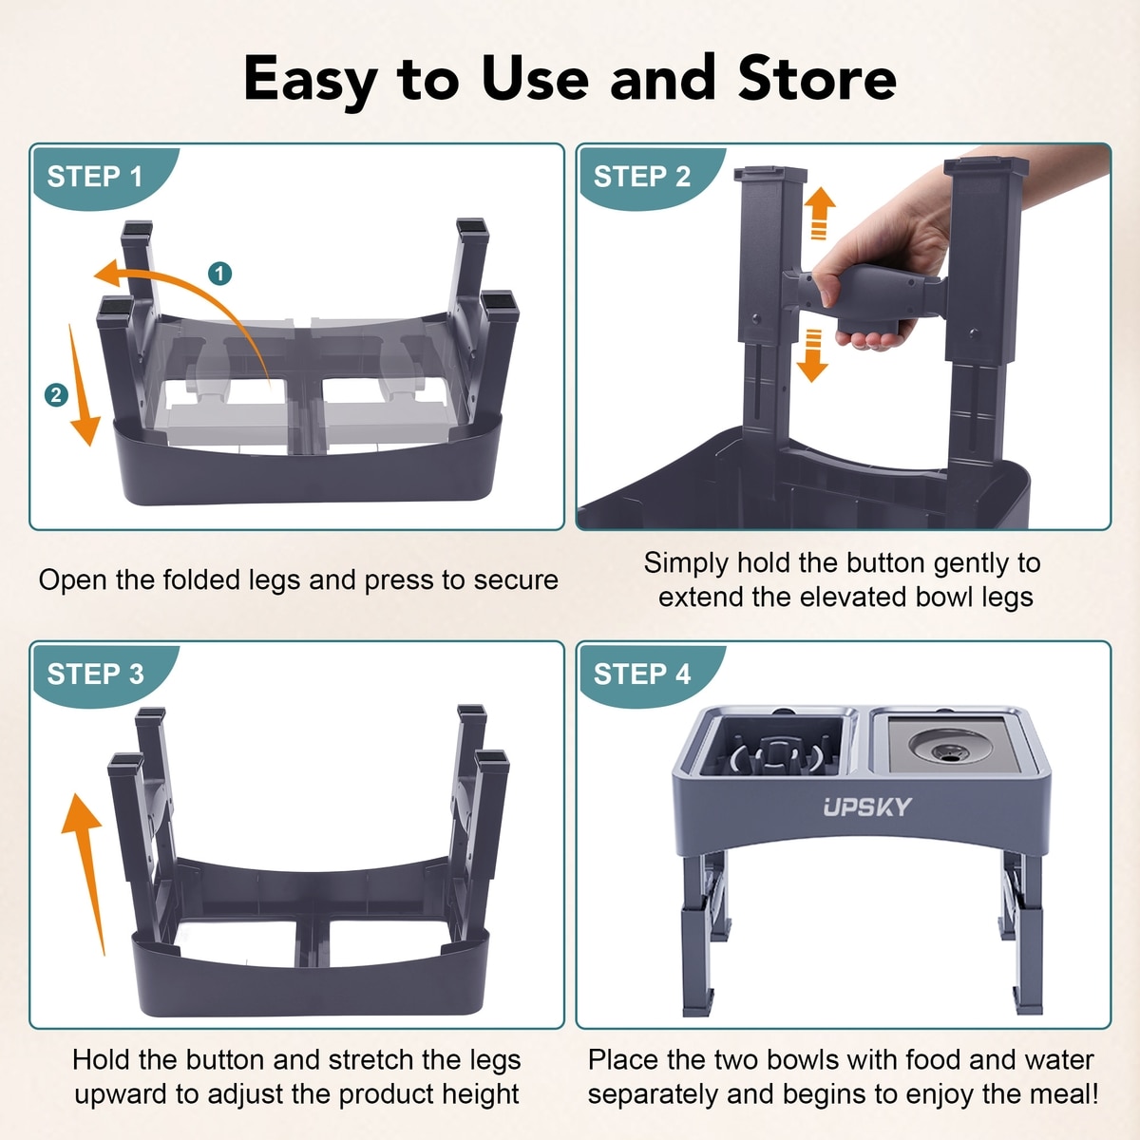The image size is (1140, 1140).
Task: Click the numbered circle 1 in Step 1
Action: [x=220, y=274]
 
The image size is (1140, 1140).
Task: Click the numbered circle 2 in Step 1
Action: [x=56, y=394]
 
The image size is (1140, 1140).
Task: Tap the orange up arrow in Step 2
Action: [x=819, y=213]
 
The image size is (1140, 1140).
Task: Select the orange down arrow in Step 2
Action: [x=813, y=355]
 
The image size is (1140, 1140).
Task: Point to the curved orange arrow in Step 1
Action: [x=196, y=284]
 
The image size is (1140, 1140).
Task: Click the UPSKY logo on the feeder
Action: [x=867, y=807]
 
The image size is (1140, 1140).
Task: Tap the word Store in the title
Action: [x=817, y=79]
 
